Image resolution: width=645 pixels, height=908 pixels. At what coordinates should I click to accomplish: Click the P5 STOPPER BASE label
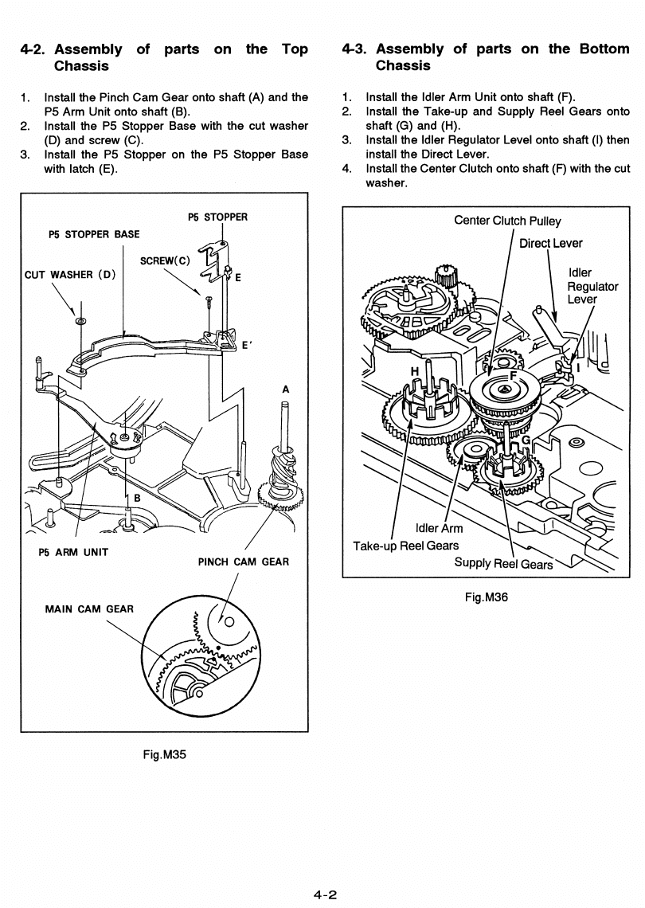pos(95,234)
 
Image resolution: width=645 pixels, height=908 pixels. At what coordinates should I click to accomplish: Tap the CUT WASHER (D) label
pos(70,275)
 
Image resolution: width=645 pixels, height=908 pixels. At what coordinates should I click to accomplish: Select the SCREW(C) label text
pos(165,261)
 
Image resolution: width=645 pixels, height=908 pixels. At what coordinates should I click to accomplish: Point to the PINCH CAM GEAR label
pos(243,562)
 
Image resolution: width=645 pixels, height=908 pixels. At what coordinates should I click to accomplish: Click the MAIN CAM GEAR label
pos(89,609)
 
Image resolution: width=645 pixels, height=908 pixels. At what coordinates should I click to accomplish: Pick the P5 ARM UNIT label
pos(73,553)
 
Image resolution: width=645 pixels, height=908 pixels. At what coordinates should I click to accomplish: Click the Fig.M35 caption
pos(164,754)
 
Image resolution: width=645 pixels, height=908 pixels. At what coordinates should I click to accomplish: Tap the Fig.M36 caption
pos(487,597)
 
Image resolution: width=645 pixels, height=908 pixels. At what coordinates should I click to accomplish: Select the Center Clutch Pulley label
pos(507,221)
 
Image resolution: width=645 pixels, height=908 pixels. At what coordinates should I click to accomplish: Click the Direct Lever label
pos(550,243)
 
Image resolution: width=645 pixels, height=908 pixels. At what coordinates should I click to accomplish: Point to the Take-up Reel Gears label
pos(406,546)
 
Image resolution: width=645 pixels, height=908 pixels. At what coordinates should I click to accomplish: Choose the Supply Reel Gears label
pos(503,563)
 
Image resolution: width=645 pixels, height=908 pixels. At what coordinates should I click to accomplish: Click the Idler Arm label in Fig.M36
pos(439,528)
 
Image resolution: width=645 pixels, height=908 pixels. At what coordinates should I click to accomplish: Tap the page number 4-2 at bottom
pos(325,894)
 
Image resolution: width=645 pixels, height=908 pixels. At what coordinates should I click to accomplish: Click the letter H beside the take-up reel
pos(415,372)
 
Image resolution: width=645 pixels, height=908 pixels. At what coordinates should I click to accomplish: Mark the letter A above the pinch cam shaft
pos(285,389)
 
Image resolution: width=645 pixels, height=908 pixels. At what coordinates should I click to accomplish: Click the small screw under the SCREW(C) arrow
pos(209,299)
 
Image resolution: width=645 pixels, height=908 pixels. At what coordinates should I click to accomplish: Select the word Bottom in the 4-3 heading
pos(604,49)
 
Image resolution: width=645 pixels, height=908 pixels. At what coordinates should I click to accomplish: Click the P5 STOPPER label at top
pos(217,217)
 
